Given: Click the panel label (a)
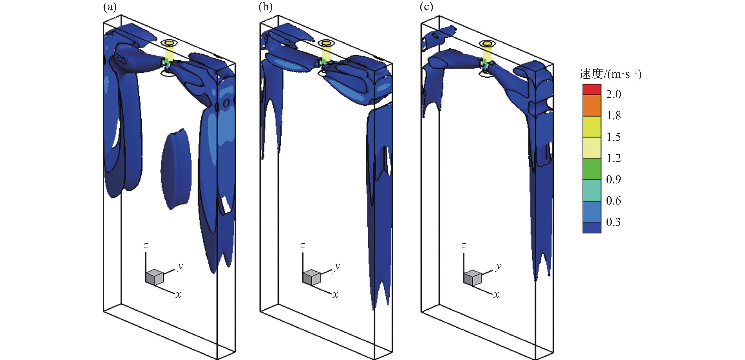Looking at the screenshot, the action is click(110, 7).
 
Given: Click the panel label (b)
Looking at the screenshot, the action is click(265, 7).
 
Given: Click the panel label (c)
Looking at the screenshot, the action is click(426, 7).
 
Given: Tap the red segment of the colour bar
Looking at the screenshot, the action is click(592, 89).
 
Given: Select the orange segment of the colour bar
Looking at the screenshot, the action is click(592, 106).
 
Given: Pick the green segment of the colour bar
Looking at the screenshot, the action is click(592, 169).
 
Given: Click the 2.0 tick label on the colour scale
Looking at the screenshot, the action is click(613, 94).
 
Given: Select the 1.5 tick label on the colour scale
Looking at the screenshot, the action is click(613, 137).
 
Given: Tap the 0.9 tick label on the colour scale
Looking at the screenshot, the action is click(613, 179).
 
